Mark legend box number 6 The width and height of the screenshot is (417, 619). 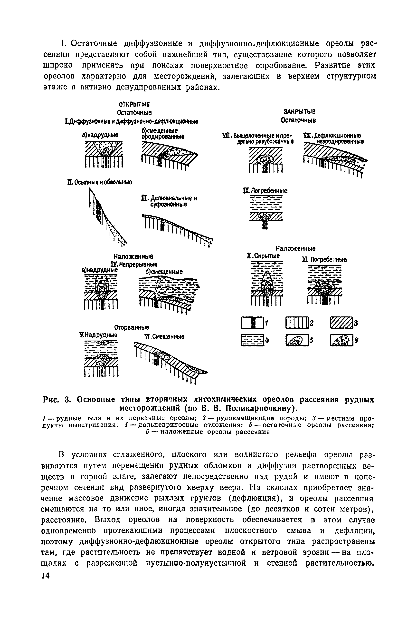(341, 340)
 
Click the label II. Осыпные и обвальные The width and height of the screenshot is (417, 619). (100, 182)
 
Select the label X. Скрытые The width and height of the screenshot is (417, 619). (263, 256)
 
